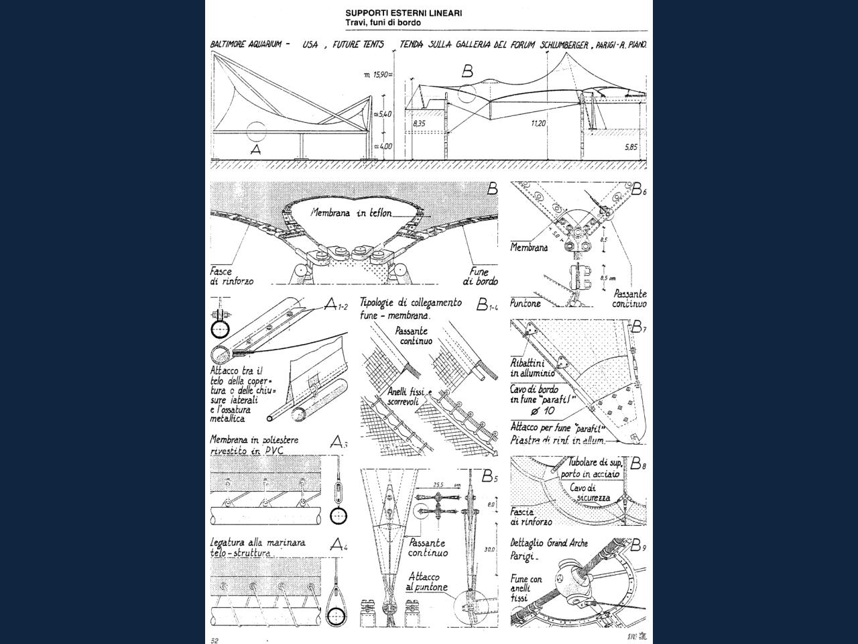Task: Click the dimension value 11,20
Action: click(x=538, y=124)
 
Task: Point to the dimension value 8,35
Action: click(x=419, y=124)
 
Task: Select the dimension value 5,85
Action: click(x=631, y=147)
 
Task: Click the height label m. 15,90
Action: click(x=378, y=74)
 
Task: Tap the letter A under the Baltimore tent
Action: click(x=255, y=150)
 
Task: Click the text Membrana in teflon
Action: click(x=351, y=213)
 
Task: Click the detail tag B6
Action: click(x=639, y=190)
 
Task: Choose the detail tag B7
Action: click(x=639, y=327)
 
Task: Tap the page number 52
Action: click(x=214, y=641)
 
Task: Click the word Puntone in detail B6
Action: click(x=526, y=303)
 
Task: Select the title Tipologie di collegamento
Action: click(x=410, y=303)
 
